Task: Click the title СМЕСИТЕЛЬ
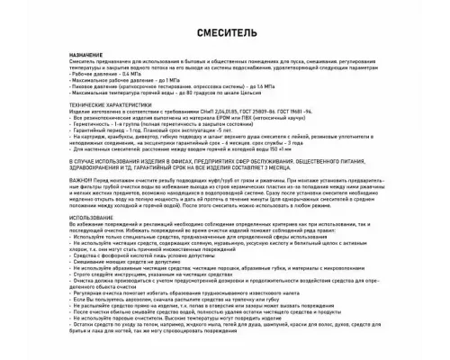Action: click(224, 34)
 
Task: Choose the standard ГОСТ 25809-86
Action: click(289, 112)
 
